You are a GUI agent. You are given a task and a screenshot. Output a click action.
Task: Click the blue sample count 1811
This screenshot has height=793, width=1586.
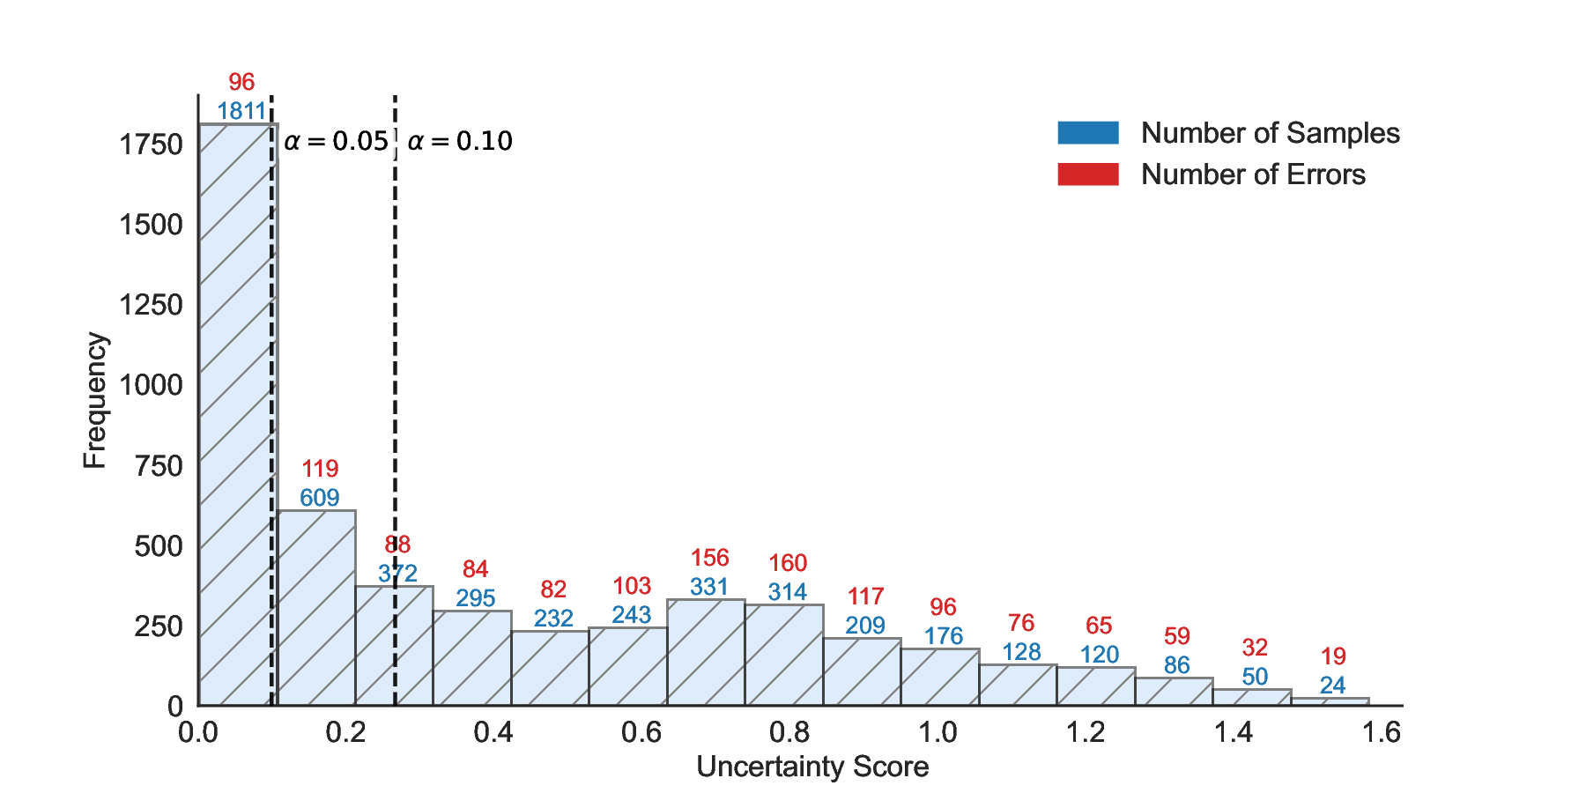pyautogui.click(x=241, y=111)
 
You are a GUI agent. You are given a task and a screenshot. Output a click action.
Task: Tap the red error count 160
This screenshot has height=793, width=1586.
pyautogui.click(x=788, y=563)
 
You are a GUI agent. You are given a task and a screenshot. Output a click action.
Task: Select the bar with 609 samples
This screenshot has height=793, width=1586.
pyautogui.click(x=316, y=608)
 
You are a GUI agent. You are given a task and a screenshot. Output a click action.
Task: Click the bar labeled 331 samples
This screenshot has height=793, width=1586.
pyautogui.click(x=706, y=652)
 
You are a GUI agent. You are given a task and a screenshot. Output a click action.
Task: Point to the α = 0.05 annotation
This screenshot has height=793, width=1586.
pyautogui.click(x=337, y=141)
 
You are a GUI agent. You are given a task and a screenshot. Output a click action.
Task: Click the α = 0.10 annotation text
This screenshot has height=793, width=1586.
pyautogui.click(x=460, y=141)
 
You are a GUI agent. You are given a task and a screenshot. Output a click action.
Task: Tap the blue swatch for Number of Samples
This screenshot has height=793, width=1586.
pyautogui.click(x=1088, y=133)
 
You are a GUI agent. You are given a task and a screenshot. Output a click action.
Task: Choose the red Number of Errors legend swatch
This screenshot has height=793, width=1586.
pyautogui.click(x=1088, y=174)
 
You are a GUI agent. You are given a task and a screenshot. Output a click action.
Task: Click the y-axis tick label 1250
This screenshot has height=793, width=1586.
pyautogui.click(x=151, y=305)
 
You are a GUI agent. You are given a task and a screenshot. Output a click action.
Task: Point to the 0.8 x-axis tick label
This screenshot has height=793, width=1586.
pyautogui.click(x=789, y=732)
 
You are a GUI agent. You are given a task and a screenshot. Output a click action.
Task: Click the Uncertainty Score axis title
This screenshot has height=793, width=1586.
pyautogui.click(x=812, y=767)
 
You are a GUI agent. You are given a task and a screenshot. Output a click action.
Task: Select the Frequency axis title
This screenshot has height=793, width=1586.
pyautogui.click(x=94, y=401)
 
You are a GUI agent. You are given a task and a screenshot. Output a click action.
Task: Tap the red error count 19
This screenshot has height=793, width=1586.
pyautogui.click(x=1333, y=656)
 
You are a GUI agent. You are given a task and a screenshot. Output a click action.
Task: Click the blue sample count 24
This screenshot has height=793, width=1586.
pyautogui.click(x=1332, y=686)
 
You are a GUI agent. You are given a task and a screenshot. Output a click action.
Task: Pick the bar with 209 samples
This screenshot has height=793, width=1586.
pyautogui.click(x=862, y=671)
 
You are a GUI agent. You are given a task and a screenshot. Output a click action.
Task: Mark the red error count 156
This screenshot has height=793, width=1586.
pyautogui.click(x=709, y=558)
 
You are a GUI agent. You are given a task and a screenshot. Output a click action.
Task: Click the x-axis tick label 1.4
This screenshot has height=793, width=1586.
pyautogui.click(x=1234, y=732)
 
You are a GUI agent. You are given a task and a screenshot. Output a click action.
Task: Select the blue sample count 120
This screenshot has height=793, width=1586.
pyautogui.click(x=1100, y=655)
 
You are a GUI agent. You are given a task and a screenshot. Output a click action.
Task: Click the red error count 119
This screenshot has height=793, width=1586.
pyautogui.click(x=320, y=469)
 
